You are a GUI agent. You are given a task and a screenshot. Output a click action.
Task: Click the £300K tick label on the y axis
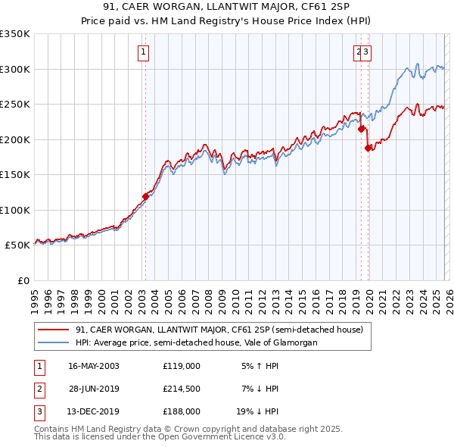click(x=15, y=69)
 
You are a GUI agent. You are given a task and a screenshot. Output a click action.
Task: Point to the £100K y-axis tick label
click(x=15, y=210)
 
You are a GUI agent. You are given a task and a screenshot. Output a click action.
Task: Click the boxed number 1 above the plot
click(x=144, y=52)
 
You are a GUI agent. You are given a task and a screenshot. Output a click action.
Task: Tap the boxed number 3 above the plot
click(x=365, y=52)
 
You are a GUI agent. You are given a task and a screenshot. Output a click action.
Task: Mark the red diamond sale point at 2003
click(x=145, y=196)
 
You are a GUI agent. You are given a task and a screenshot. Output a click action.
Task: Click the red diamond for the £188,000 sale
click(x=368, y=148)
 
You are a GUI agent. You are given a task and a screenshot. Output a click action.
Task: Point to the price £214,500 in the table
click(x=181, y=389)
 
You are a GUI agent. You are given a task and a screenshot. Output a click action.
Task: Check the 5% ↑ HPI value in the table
click(x=260, y=365)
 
